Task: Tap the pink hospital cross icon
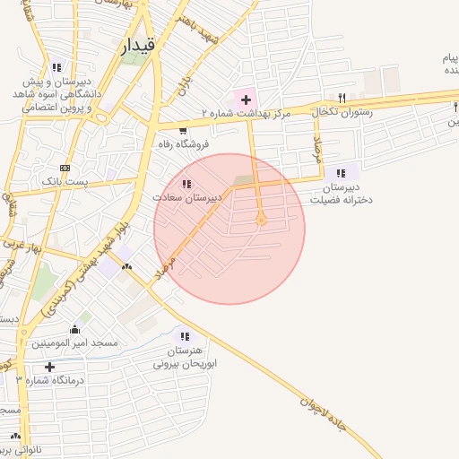246,97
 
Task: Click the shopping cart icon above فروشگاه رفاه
183,129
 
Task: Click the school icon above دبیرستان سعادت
186,184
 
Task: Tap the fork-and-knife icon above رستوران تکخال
342,98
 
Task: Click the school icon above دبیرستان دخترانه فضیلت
340,173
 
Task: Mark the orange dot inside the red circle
261,220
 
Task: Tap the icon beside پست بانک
65,168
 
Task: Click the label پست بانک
65,181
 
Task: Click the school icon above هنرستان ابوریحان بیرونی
186,336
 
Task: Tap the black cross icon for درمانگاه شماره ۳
49,367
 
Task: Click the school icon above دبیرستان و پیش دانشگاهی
56,66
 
